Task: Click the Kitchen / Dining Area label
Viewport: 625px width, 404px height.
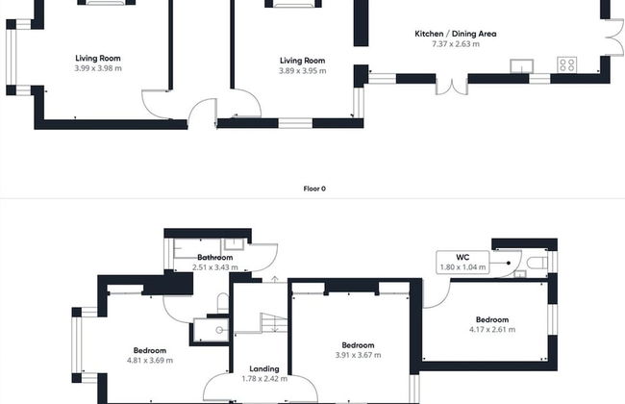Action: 455,34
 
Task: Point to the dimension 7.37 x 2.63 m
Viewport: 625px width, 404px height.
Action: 455,44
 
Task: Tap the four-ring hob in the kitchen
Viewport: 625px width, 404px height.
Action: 566,65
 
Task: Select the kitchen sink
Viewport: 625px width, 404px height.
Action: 522,65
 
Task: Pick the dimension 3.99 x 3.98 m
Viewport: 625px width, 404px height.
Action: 97,68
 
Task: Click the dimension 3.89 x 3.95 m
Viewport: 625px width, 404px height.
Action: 302,70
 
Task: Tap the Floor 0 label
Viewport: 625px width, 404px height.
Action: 312,189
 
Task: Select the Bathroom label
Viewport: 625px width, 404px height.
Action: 215,257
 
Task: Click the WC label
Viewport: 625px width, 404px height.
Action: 462,257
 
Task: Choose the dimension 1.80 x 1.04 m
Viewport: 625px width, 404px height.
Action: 462,266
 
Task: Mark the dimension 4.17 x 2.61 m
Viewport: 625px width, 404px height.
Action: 491,330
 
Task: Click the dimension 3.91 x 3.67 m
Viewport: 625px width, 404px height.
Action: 358,355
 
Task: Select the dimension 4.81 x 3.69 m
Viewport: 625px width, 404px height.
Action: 150,360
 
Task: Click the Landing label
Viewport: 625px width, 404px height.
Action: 263,368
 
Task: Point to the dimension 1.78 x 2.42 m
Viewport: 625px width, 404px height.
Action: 263,378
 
